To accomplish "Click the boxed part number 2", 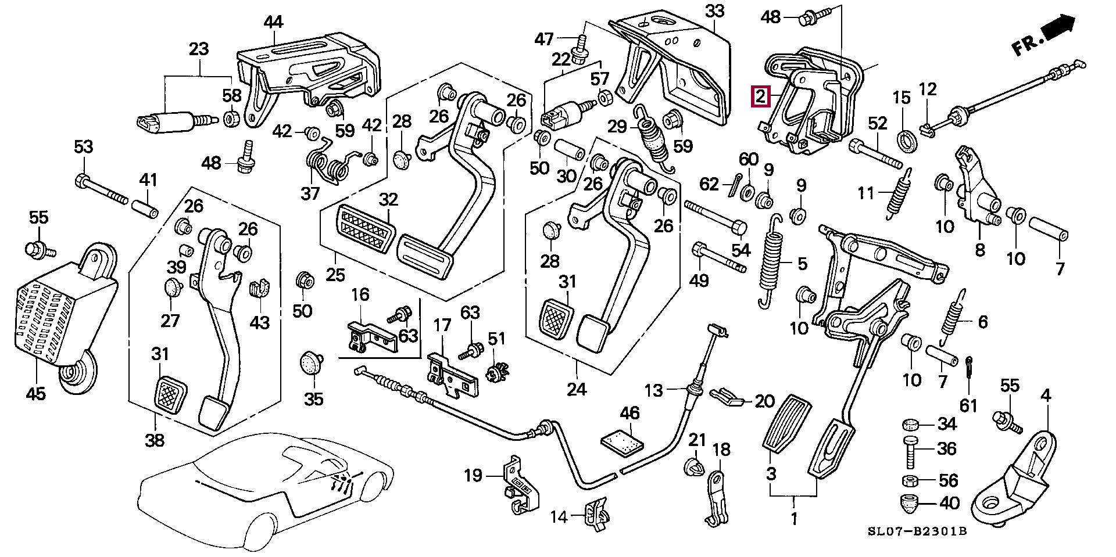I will (x=760, y=96).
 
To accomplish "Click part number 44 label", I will (x=273, y=22).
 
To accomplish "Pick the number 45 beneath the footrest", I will (x=35, y=394).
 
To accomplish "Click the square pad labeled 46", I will (x=622, y=443).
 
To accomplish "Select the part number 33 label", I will (x=715, y=11).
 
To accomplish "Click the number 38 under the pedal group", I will (x=155, y=441).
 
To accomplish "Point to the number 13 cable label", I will (x=654, y=390).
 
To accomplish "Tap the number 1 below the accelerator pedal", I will (x=793, y=519).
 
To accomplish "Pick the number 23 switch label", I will (x=199, y=49).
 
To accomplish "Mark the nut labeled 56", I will (x=910, y=480).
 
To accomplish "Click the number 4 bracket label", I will (x=1046, y=397).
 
